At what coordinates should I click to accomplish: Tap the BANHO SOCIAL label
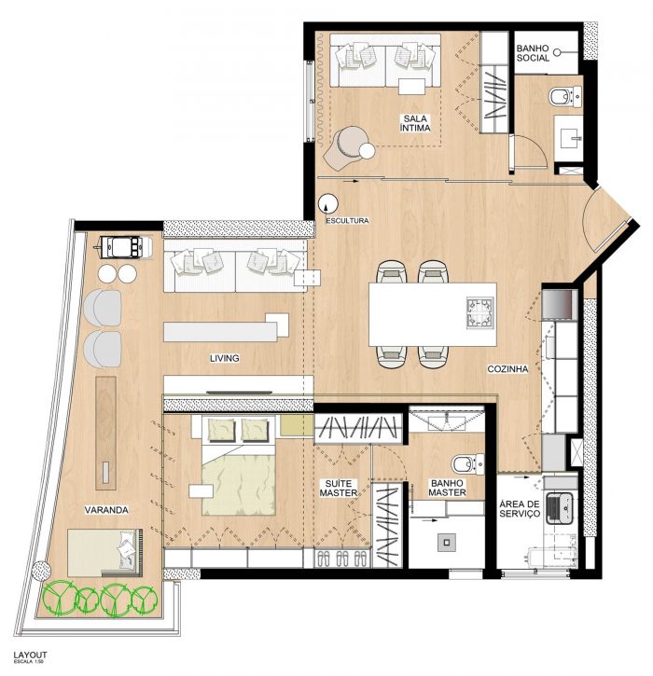pyautogui.click(x=533, y=53)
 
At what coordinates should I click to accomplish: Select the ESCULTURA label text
pyautogui.click(x=347, y=221)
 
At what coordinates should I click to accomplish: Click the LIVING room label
pyautogui.click(x=224, y=358)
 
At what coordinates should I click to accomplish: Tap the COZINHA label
pyautogui.click(x=507, y=369)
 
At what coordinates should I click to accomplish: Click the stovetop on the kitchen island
pyautogui.click(x=480, y=312)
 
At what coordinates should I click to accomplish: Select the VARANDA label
pyautogui.click(x=106, y=510)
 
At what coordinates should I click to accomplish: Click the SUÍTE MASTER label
pyautogui.click(x=338, y=488)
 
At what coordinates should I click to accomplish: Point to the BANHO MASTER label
pyautogui.click(x=447, y=488)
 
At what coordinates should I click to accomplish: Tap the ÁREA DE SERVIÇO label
pyautogui.click(x=520, y=509)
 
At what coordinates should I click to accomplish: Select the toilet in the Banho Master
pyautogui.click(x=467, y=464)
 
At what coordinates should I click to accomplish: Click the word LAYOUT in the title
pyautogui.click(x=30, y=655)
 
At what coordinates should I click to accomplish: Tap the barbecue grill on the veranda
pyautogui.click(x=123, y=247)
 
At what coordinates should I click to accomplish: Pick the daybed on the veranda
pyautogui.click(x=104, y=553)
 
